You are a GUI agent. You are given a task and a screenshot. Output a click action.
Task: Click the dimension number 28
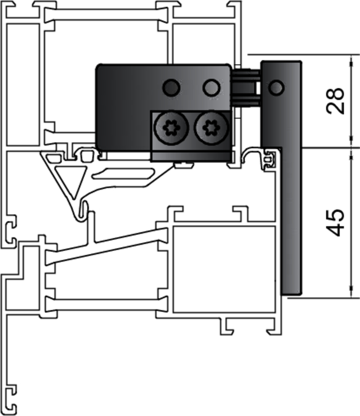tap(336, 100)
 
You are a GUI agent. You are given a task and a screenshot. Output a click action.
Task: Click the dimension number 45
tap(336, 222)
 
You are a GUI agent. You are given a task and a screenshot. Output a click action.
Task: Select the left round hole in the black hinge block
tap(170, 88)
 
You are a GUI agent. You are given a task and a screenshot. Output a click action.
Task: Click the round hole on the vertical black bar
tap(276, 87)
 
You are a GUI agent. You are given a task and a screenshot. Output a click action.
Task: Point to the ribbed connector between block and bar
tap(246, 87)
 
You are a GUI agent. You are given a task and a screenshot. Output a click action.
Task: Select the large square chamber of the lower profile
tap(223, 268)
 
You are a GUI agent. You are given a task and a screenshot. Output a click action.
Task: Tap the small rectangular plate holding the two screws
tap(190, 136)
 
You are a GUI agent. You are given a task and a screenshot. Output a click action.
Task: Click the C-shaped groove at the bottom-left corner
tap(11, 393)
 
